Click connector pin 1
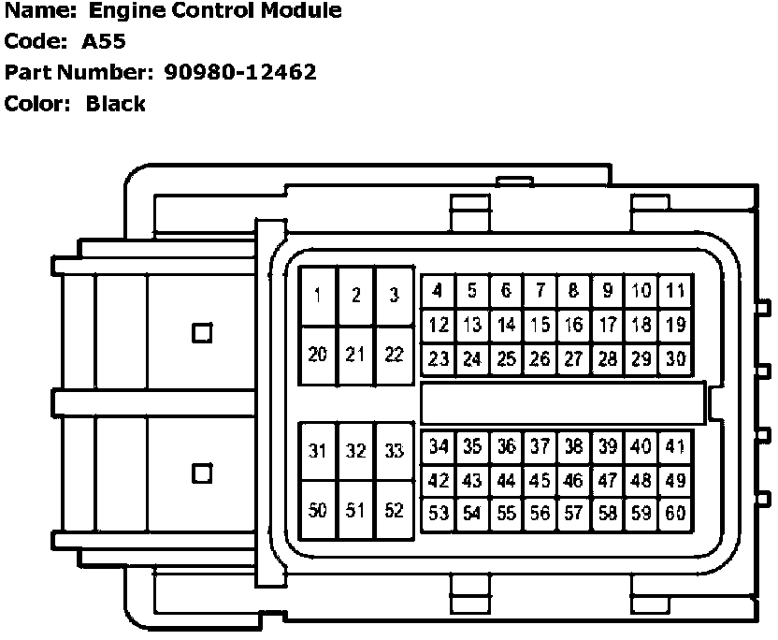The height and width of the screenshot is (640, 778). (x=318, y=296)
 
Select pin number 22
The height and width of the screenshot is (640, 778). (x=394, y=355)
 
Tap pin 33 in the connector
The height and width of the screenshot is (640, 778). (x=394, y=451)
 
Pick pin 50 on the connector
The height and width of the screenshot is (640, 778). (x=318, y=511)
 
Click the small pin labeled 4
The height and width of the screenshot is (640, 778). (x=438, y=291)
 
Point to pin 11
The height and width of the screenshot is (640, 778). (x=674, y=291)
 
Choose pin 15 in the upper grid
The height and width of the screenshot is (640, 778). (x=540, y=325)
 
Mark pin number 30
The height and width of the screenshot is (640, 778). (x=674, y=358)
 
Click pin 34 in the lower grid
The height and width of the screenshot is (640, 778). (x=438, y=447)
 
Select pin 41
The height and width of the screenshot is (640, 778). (x=674, y=447)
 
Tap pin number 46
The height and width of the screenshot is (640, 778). (x=573, y=481)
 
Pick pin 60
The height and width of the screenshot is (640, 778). (x=674, y=514)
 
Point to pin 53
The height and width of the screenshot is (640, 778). (x=438, y=514)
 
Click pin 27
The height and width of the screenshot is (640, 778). (x=573, y=358)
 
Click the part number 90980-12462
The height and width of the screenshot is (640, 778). (x=239, y=71)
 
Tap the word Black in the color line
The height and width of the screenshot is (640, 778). (x=115, y=103)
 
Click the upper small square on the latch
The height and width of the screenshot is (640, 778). (x=202, y=332)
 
